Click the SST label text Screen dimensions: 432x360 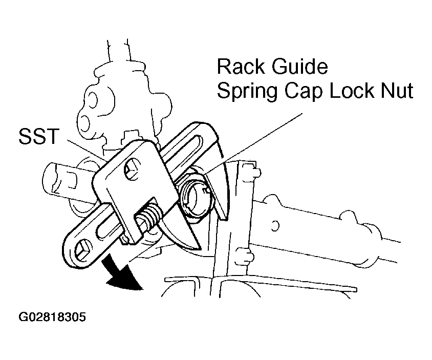click(39, 136)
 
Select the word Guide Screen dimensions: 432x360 click(300, 67)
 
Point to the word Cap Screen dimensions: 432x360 click(304, 91)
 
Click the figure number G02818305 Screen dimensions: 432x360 click(52, 317)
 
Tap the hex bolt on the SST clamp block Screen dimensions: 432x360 click(132, 168)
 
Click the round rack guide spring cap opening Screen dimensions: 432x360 click(196, 196)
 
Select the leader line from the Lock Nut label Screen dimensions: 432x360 click(253, 143)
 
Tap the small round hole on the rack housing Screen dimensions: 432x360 click(275, 225)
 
